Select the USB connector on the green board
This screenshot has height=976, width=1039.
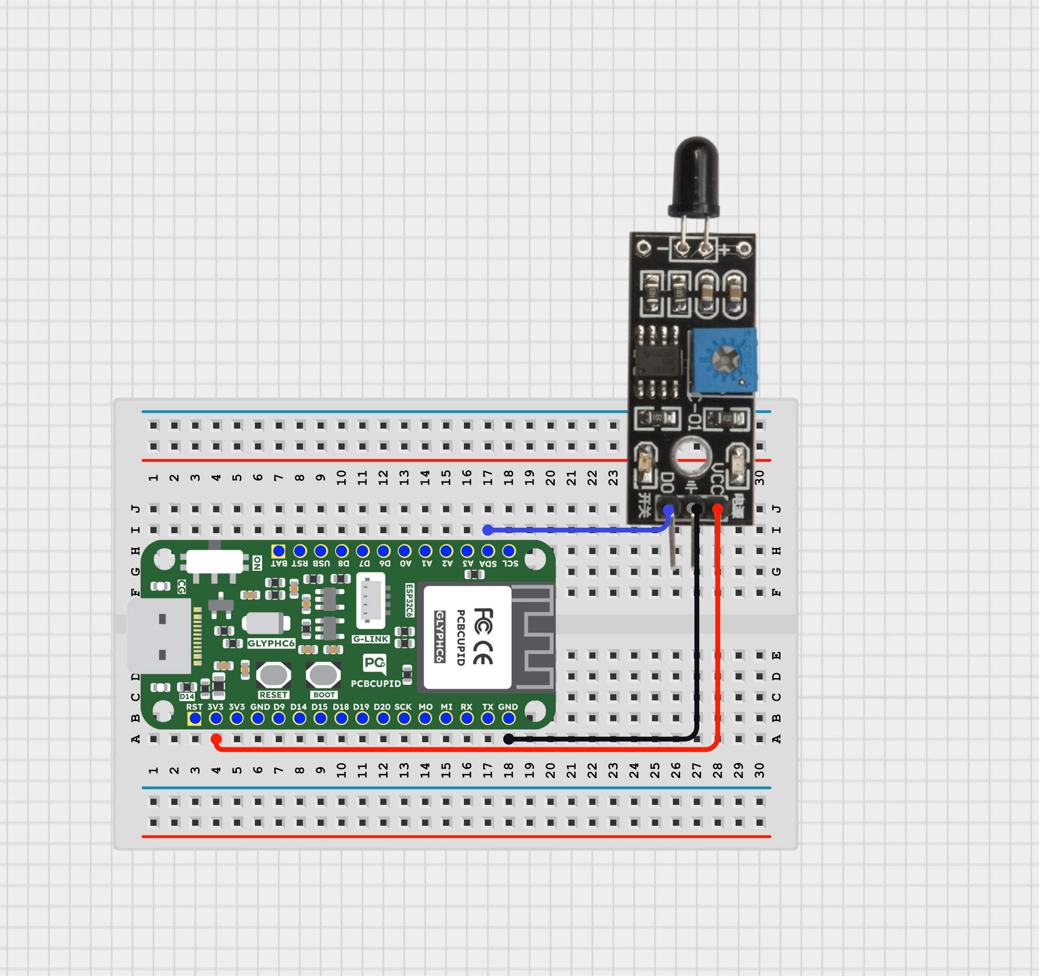[160, 636]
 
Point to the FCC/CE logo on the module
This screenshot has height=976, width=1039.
[483, 636]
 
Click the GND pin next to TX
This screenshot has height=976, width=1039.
[508, 718]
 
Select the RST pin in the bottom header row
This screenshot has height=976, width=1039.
[194, 718]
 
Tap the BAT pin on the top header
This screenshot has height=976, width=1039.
[278, 551]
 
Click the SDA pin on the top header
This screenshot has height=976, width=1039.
[488, 551]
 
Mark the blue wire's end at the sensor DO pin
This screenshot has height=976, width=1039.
[668, 509]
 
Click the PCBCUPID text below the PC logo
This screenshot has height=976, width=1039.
[375, 683]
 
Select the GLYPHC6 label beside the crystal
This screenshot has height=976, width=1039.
[271, 643]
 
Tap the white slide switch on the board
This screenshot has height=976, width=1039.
[214, 561]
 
